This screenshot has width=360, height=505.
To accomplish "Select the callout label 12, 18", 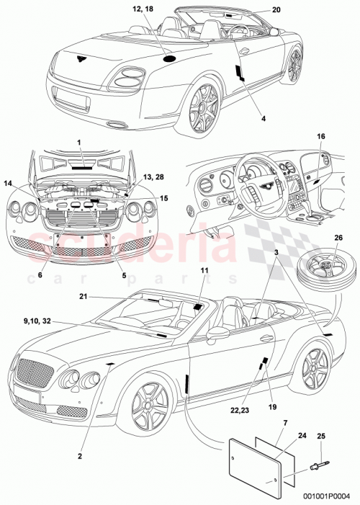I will click(143, 9).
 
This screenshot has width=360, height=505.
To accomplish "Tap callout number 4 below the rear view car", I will click(243, 117).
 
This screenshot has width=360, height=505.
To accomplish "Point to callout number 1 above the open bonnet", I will click(80, 144).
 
